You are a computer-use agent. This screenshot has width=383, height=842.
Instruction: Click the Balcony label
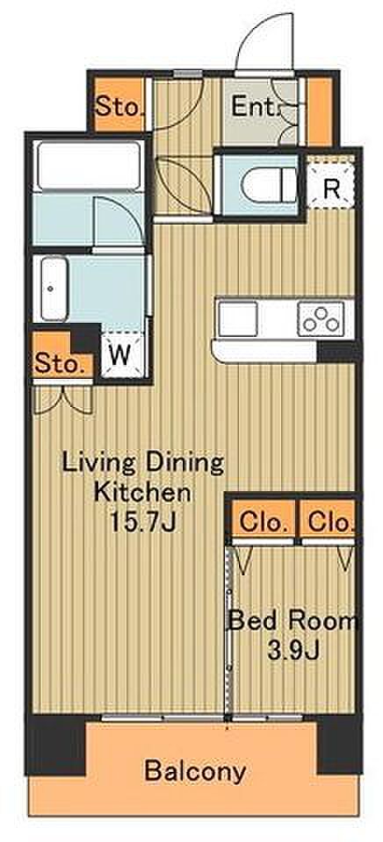(x=195, y=771)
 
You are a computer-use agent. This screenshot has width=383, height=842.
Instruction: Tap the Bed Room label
(x=293, y=622)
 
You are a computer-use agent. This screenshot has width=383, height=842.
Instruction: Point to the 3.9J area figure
(x=294, y=652)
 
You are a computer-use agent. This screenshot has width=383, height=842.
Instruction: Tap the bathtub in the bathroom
(x=90, y=166)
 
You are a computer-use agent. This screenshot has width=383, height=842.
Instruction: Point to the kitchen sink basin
(x=237, y=318)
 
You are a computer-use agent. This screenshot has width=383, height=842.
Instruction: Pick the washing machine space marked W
(x=120, y=355)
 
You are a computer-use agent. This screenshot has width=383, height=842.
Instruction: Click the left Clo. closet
(x=263, y=520)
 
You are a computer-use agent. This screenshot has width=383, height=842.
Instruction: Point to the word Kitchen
(x=142, y=491)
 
